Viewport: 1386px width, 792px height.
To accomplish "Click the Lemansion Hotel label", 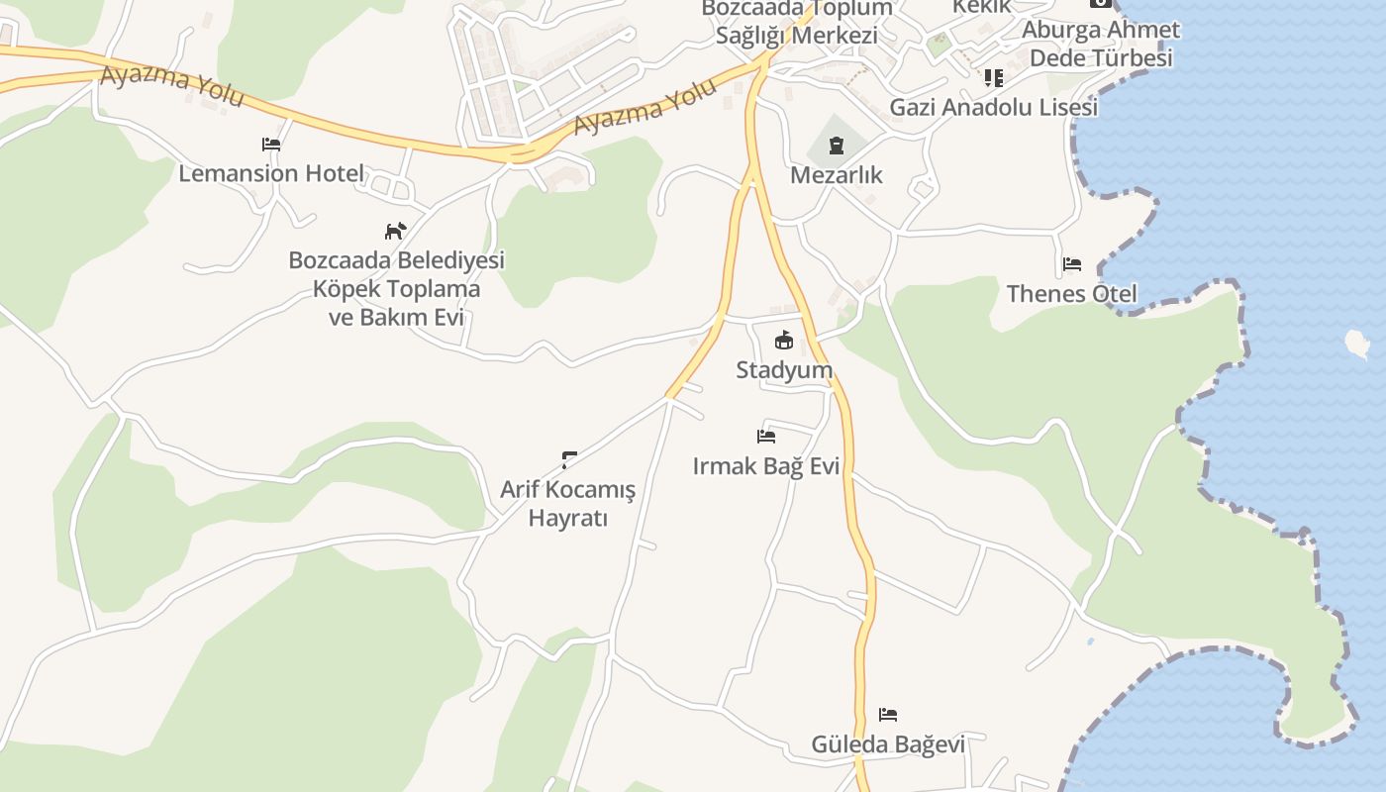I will pos(271,173).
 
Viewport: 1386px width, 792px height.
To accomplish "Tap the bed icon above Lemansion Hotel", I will pos(271,145).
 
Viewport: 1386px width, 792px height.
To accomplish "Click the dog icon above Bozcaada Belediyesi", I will pos(395,231).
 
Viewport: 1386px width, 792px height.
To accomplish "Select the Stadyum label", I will pos(784,369).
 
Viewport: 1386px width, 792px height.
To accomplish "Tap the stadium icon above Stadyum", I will pos(784,341).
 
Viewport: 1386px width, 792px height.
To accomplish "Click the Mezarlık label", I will pos(837,175).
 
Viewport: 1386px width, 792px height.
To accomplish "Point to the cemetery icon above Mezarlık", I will pos(837,147).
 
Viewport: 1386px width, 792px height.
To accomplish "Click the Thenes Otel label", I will pos(1071,293).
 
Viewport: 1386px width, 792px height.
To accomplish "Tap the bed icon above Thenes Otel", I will pos(1071,264).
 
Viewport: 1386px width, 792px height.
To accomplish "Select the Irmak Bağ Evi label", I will pos(766,465).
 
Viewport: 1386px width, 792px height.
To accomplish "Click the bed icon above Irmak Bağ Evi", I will pos(765,436).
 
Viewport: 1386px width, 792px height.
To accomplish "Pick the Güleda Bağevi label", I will pos(888,743).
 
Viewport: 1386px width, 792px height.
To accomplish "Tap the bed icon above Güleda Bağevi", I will pos(888,715).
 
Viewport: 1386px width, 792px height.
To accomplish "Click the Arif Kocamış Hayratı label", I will pos(568,503).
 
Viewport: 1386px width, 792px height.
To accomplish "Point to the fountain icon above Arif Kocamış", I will pos(569,458).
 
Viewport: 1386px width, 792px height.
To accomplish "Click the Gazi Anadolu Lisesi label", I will pos(994,107).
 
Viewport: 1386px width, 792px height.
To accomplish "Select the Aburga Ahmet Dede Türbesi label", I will pos(1101,44).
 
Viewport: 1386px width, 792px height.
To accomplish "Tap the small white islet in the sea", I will pos(1357,344).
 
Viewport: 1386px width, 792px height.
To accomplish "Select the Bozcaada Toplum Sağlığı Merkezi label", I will pos(797,22).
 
